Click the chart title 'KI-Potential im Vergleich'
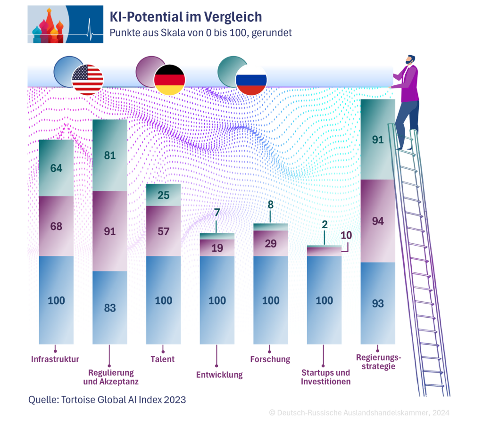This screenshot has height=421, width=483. click(185, 17)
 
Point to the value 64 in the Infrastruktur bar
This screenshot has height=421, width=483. click(56, 168)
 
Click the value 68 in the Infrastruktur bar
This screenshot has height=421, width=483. click(56, 226)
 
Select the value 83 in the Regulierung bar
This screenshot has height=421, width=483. click(110, 308)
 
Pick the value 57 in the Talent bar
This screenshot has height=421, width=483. click(164, 231)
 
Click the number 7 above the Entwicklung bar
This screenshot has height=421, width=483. click(217, 213)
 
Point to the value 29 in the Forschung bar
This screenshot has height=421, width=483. click(271, 244)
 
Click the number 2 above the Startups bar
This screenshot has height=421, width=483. click(325, 225)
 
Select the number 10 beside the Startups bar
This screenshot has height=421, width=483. click(346, 235)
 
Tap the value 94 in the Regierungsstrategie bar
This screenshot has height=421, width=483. click(378, 221)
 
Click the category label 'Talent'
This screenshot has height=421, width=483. click(163, 359)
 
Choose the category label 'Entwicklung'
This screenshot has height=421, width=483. click(219, 375)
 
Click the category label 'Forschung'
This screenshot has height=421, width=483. click(270, 359)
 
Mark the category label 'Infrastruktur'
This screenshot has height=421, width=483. click(55, 359)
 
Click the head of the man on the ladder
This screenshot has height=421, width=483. click(410, 60)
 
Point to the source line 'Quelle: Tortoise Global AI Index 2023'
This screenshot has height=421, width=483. click(107, 400)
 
